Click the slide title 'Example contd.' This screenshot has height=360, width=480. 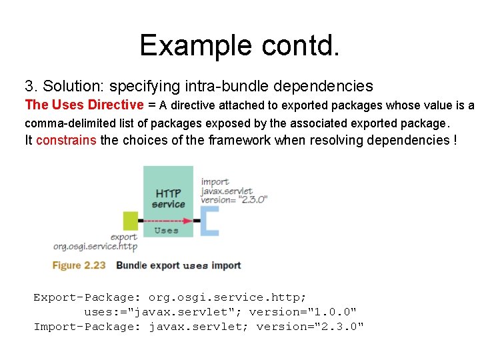pyautogui.click(x=239, y=45)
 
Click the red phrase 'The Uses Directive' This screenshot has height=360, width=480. pyautogui.click(x=84, y=105)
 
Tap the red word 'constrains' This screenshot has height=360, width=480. pyautogui.click(x=66, y=140)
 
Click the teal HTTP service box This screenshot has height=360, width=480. pyautogui.click(x=168, y=193)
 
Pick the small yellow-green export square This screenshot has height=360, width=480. pyautogui.click(x=131, y=220)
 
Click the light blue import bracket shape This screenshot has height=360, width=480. pyautogui.click(x=210, y=221)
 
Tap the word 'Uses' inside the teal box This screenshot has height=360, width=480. pyautogui.click(x=166, y=231)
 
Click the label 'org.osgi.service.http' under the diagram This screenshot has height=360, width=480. pyautogui.click(x=95, y=247)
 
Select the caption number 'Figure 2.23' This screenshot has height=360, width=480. pyautogui.click(x=79, y=265)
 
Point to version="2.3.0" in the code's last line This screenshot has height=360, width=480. pyautogui.click(x=310, y=327)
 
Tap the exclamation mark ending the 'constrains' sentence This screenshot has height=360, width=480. pyautogui.click(x=455, y=140)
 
